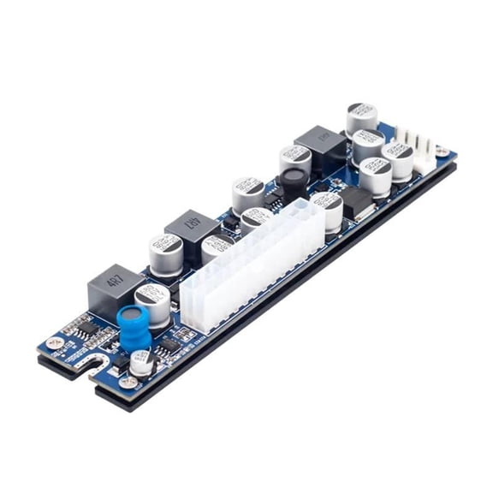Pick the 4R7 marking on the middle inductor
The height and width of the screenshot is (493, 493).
pos(190,227)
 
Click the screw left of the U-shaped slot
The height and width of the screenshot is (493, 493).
pos(56,343)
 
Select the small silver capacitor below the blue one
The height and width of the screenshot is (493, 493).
pos(141,361)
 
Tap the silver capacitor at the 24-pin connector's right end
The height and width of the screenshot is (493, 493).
pos(327,210)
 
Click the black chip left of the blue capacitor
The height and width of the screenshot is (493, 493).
pos(80,328)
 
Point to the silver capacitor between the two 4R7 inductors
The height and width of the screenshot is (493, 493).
pos(165,253)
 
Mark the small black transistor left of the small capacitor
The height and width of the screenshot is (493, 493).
pos(121,359)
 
